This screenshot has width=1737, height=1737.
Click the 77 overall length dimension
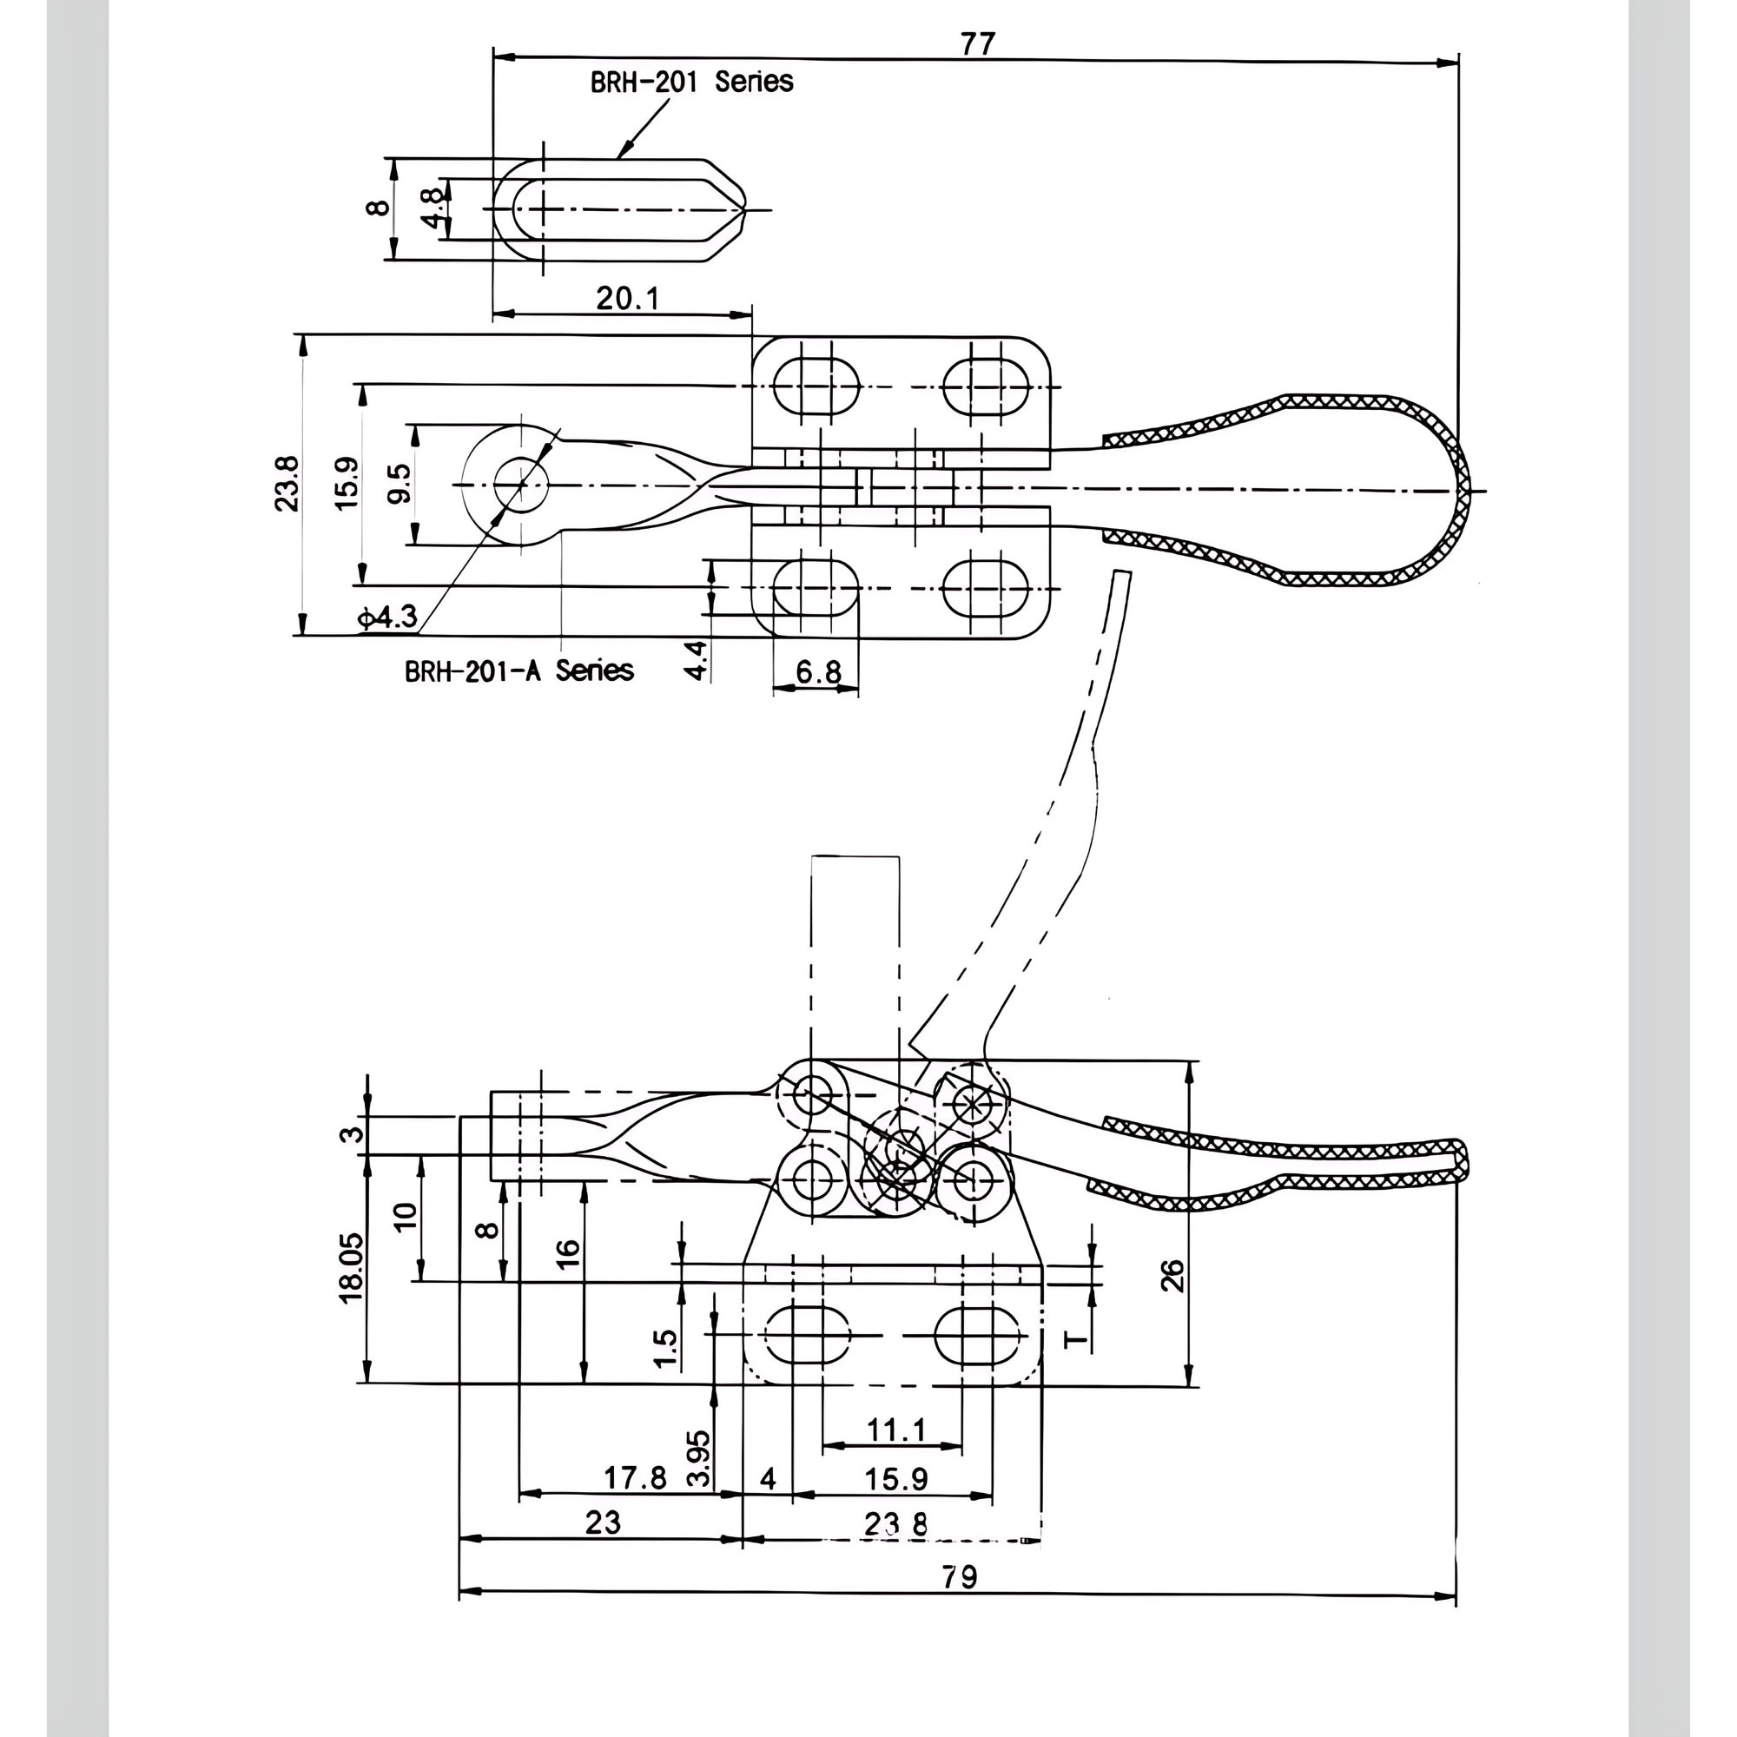pos(978,43)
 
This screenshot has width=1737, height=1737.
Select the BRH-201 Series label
pos(691,82)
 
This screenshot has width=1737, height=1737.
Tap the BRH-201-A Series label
pos(518,670)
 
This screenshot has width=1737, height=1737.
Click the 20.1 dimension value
pos(628,298)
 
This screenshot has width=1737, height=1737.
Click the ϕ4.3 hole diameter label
pos(387,617)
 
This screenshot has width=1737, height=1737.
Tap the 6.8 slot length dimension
pos(818,671)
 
